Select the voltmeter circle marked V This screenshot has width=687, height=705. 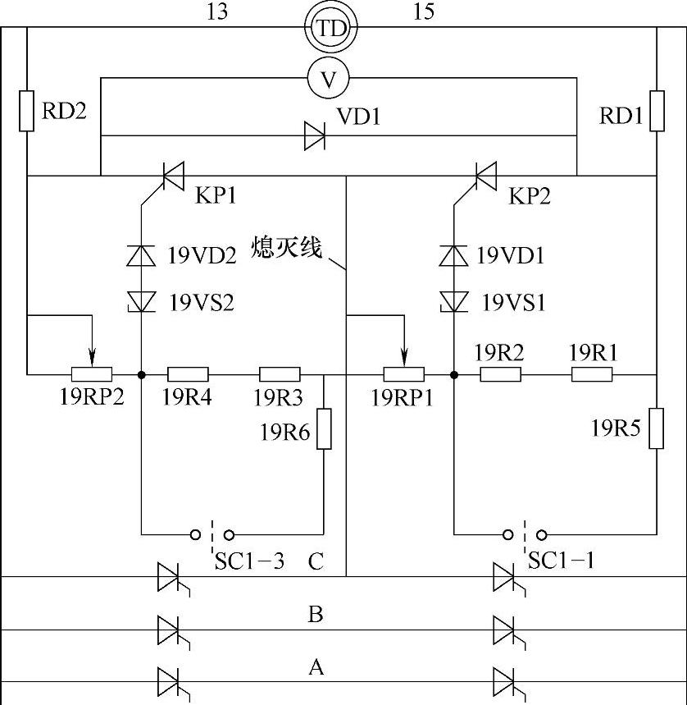[328, 79]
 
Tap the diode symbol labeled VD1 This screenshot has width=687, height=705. [315, 135]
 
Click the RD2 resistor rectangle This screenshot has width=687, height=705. [27, 112]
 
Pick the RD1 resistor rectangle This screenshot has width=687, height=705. [657, 112]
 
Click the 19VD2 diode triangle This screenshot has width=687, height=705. [141, 255]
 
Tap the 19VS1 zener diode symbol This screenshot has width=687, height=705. [453, 301]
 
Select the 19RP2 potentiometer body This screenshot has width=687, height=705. [91, 375]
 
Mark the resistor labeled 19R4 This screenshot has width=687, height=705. [188, 375]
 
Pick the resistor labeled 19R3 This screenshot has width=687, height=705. [280, 375]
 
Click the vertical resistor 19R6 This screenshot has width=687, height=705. [325, 428]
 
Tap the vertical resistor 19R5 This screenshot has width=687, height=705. [657, 428]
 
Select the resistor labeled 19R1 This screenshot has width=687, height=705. [592, 375]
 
